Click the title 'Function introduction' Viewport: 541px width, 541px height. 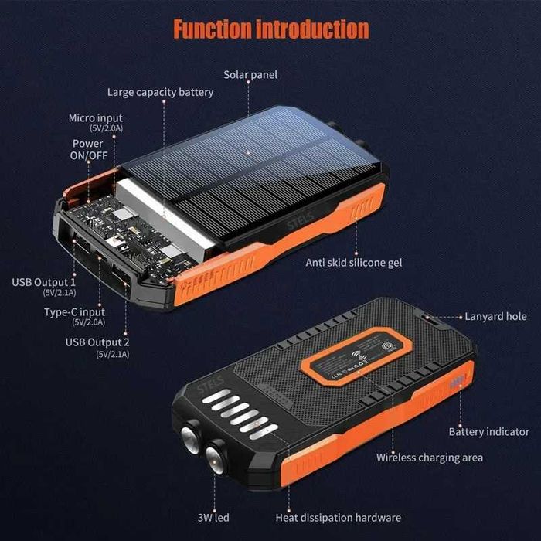point(270,29)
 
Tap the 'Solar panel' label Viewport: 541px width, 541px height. point(250,75)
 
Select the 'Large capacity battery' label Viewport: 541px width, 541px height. point(161,93)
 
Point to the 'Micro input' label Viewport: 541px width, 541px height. point(96,118)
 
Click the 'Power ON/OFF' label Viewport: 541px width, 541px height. point(87,149)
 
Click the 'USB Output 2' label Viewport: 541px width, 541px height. point(97,342)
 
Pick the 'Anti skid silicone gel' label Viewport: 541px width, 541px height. point(354,263)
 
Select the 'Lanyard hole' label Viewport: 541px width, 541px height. point(495,316)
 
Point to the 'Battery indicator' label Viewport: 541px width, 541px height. point(489,431)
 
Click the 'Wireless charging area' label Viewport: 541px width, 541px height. point(430,458)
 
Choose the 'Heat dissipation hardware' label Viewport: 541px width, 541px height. point(339,517)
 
